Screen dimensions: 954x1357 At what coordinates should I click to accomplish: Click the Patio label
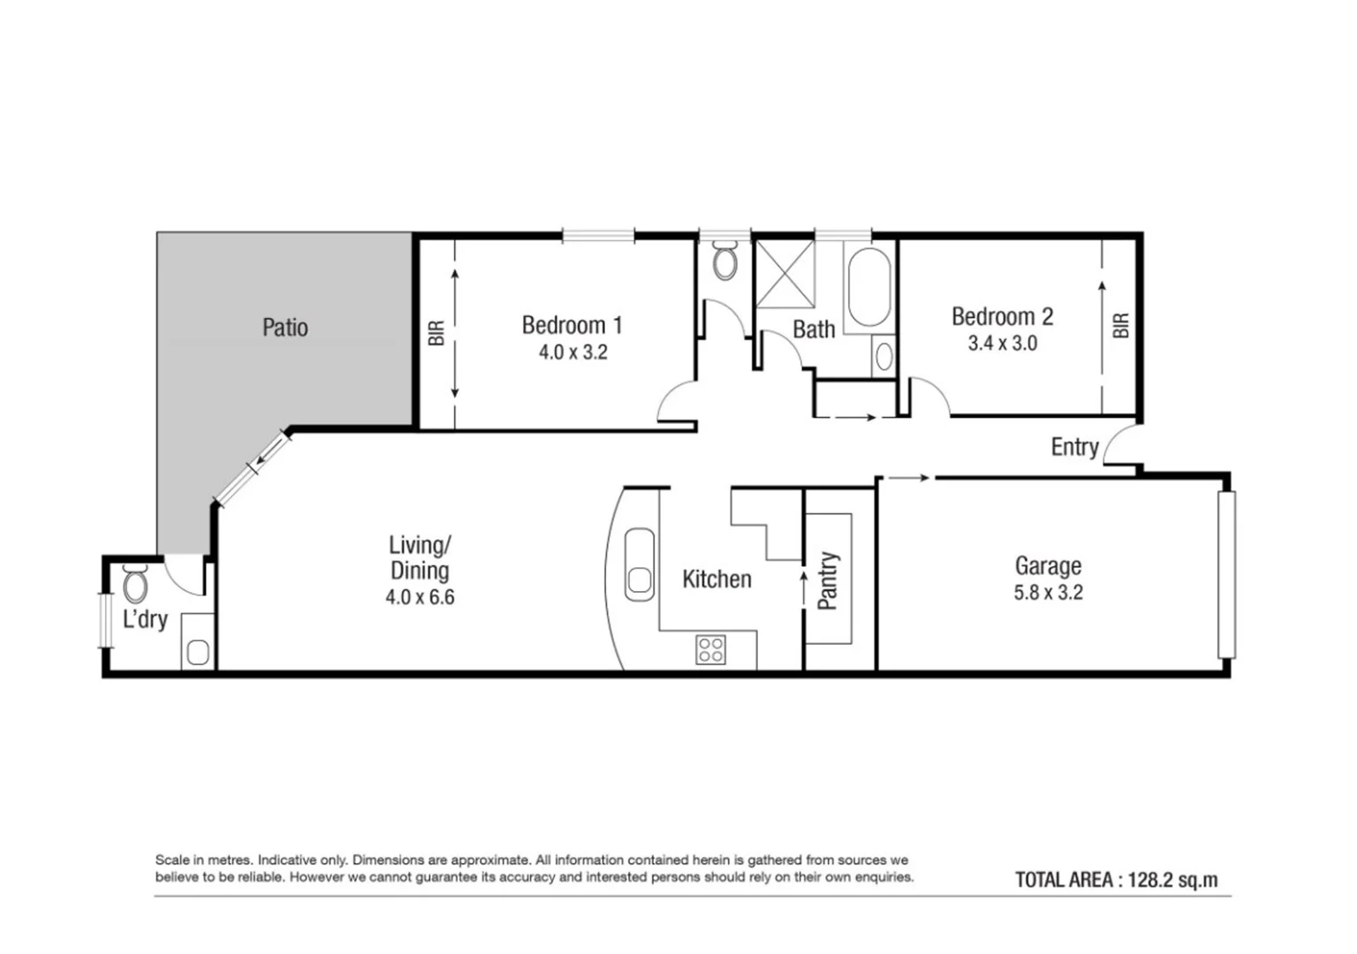point(284,328)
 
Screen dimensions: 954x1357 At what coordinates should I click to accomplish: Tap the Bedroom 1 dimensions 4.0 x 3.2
point(572,352)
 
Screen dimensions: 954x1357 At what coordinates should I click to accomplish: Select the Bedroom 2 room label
point(1002,316)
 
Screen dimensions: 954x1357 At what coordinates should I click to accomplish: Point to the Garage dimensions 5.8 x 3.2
point(1048,593)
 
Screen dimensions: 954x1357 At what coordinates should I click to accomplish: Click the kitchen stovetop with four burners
point(711,650)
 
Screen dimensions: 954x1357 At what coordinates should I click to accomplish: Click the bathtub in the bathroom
point(868,289)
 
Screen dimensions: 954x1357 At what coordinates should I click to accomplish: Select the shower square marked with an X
point(785,274)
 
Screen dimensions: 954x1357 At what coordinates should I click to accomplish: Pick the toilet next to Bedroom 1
point(724,262)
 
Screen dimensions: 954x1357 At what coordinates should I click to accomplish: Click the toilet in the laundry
point(135,584)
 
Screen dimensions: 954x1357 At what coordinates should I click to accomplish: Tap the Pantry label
point(828,580)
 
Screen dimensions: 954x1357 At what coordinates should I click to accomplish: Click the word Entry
point(1074,447)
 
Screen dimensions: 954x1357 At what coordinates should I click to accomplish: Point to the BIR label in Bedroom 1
point(436,333)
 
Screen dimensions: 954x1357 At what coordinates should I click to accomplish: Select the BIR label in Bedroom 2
point(1121,326)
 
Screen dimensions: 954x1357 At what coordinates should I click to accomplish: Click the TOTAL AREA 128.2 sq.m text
point(1116,880)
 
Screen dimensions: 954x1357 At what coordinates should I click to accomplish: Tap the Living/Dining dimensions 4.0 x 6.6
point(420,598)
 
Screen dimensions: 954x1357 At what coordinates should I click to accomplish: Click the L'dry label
point(145,619)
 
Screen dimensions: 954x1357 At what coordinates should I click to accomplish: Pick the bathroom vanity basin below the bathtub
point(883,357)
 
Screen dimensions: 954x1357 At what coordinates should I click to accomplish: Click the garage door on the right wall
point(1226,574)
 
